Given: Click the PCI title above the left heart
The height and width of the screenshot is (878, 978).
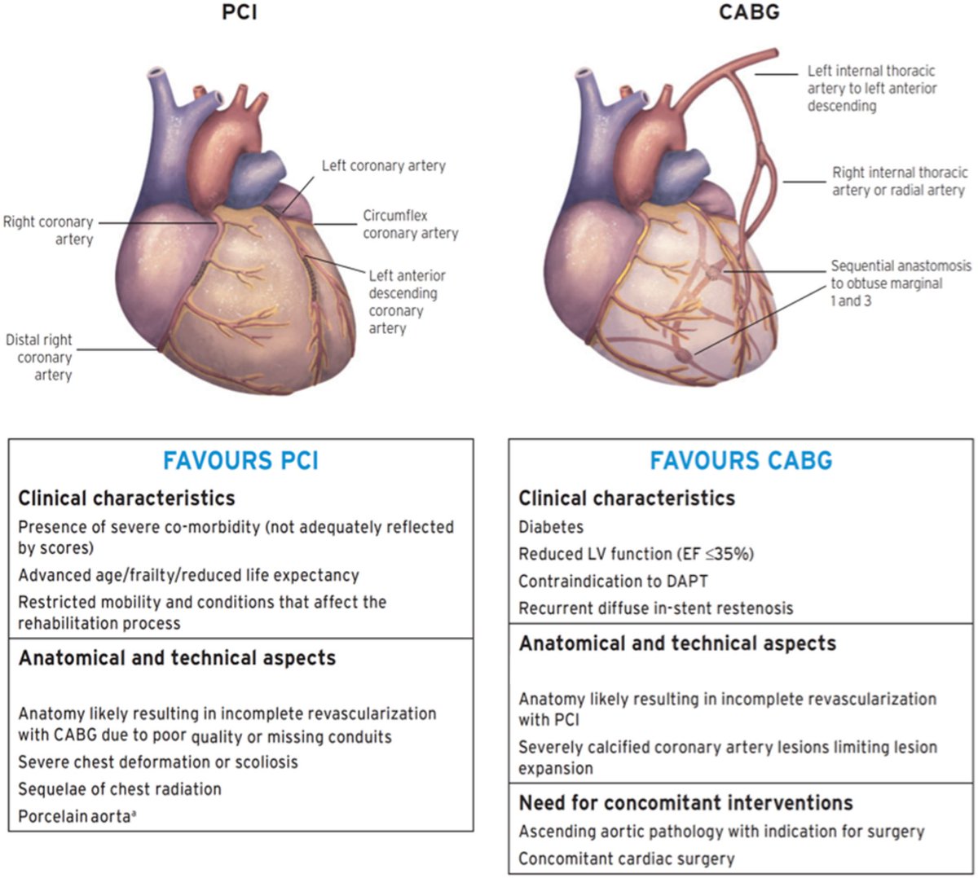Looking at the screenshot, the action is coord(240,12).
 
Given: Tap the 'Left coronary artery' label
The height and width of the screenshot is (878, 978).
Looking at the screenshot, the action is coord(383,166).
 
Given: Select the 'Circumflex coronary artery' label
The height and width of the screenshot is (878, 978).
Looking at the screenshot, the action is coord(410,225).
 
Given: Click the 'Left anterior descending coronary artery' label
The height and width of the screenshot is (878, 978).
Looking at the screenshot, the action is coord(407,301).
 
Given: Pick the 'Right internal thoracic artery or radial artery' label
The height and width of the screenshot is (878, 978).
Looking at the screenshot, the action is coord(899,181).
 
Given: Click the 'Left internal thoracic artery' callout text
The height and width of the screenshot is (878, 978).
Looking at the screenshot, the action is coord(871,88).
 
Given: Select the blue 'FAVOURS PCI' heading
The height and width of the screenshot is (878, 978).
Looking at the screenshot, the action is coord(240,461).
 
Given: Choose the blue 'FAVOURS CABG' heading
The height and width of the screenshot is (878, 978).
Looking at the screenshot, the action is coord(741,461).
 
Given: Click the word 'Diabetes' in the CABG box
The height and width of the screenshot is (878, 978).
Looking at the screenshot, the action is coord(551,527).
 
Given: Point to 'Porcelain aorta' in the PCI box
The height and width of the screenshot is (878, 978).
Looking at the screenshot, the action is coord(76,815).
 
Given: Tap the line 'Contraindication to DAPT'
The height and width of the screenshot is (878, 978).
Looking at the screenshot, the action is coord(613,581).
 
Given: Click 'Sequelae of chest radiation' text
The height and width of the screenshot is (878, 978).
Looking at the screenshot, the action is coord(120,788).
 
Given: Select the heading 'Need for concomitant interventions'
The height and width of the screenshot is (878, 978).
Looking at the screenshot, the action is coord(685,803).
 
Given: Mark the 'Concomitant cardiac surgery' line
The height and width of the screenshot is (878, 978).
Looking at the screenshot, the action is coord(626,858).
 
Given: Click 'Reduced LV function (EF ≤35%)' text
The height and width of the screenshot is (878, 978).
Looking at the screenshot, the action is coord(636,554).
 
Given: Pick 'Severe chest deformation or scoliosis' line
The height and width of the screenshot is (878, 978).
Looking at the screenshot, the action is coord(158,762).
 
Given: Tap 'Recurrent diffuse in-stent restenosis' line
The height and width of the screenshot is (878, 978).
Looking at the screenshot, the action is coord(655,608).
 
